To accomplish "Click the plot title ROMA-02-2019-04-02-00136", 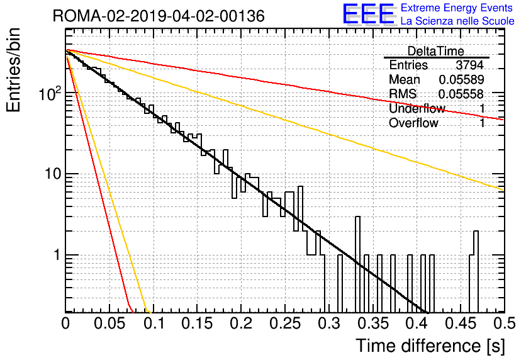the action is coord(159,16).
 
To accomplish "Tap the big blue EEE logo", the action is coord(368,14).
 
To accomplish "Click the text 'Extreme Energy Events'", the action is coord(457,8).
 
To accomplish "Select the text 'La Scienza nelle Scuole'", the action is coord(457,21).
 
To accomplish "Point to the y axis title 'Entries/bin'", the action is coord(13,70).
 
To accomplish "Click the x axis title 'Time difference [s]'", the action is coord(430,346).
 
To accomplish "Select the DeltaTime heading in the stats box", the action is coord(435,51).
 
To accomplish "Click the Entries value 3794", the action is coord(469,65).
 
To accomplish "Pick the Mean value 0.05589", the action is coord(461,79).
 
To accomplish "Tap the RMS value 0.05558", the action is coord(461,94).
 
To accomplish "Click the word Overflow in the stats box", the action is coord(413,123).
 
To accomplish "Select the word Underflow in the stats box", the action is coord(417,108).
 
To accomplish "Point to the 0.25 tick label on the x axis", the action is coord(285,323).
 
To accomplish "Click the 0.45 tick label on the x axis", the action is coord(461,323).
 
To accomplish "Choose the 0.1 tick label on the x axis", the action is coord(154,323).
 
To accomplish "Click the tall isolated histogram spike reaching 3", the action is coord(357,264).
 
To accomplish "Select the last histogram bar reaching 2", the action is coord(476,271).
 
